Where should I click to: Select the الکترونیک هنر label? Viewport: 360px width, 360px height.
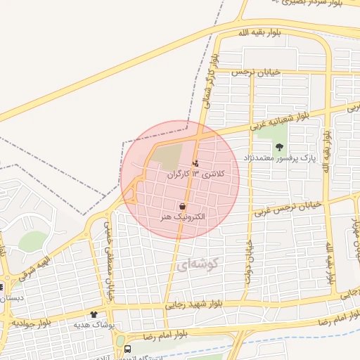[x=183, y=217]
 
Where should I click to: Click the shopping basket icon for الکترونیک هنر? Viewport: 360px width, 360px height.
[x=183, y=207]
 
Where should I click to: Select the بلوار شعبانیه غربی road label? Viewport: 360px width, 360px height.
[x=281, y=122]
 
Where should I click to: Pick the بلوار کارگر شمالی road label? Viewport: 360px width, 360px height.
[x=208, y=77]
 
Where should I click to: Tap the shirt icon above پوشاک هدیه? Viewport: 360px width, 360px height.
[x=94, y=314]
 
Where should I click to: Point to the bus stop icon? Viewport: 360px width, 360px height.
[x=127, y=348]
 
